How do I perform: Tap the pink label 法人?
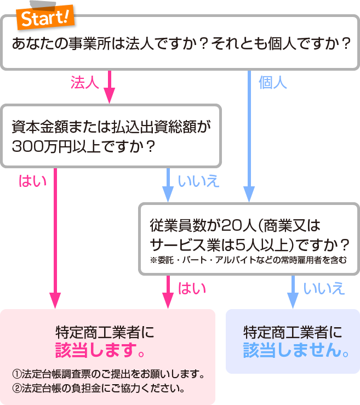click(84, 83)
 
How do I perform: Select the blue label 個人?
click(272, 83)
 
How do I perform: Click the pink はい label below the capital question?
click(33, 180)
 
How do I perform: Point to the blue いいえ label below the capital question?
click(198, 181)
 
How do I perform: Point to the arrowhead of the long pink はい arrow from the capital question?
click(55, 301)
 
